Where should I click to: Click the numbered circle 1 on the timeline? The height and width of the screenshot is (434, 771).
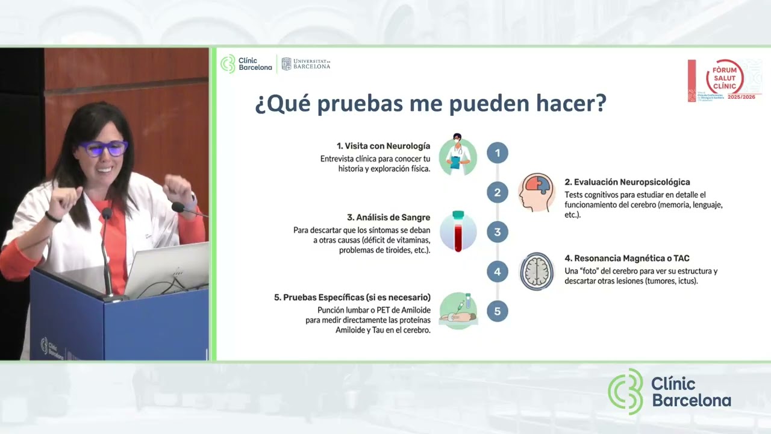pyautogui.click(x=497, y=153)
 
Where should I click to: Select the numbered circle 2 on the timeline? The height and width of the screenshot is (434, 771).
pyautogui.click(x=497, y=193)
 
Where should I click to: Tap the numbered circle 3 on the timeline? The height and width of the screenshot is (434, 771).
pyautogui.click(x=497, y=232)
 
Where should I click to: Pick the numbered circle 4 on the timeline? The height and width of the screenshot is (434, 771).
pyautogui.click(x=497, y=272)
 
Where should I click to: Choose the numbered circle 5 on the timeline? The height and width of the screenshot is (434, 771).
pyautogui.click(x=497, y=311)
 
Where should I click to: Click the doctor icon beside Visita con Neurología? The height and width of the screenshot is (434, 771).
pyautogui.click(x=458, y=155)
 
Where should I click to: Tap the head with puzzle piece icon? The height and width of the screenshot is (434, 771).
pyautogui.click(x=536, y=192)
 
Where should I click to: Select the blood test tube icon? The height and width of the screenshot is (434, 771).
pyautogui.click(x=458, y=231)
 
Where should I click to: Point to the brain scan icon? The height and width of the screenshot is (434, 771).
pyautogui.click(x=536, y=271)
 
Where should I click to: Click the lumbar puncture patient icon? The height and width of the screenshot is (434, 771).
pyautogui.click(x=458, y=310)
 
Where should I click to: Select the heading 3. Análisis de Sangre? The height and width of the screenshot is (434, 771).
pyautogui.click(x=388, y=218)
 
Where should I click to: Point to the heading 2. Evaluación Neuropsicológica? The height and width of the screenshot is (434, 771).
pyautogui.click(x=627, y=182)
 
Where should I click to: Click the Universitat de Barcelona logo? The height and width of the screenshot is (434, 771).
pyautogui.click(x=306, y=64)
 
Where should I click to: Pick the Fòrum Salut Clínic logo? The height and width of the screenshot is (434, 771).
pyautogui.click(x=724, y=80)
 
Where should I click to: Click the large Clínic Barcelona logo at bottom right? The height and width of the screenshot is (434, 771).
pyautogui.click(x=669, y=392)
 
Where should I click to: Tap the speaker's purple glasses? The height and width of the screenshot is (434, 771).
pyautogui.click(x=104, y=148)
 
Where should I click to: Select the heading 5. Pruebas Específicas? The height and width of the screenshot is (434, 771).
pyautogui.click(x=352, y=297)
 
